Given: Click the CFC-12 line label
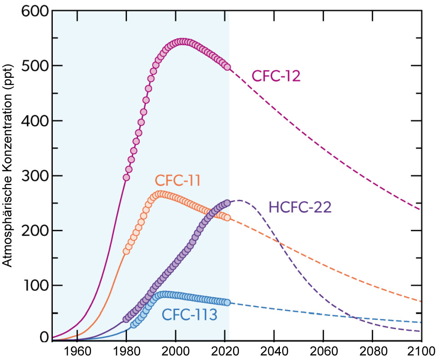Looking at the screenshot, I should coord(276,76).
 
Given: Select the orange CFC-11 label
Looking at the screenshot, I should coord(177,182).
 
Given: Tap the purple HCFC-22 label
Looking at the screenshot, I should coord(300,208).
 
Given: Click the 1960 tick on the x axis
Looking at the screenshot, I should coord(77,351).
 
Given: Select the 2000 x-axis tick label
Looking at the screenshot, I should coord(176,351).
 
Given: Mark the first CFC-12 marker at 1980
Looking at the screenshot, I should coord(127,177).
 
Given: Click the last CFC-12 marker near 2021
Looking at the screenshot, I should coord(228,67).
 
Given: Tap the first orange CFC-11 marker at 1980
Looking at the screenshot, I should coord(127,251).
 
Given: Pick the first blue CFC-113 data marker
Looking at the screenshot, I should coord(134,325).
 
